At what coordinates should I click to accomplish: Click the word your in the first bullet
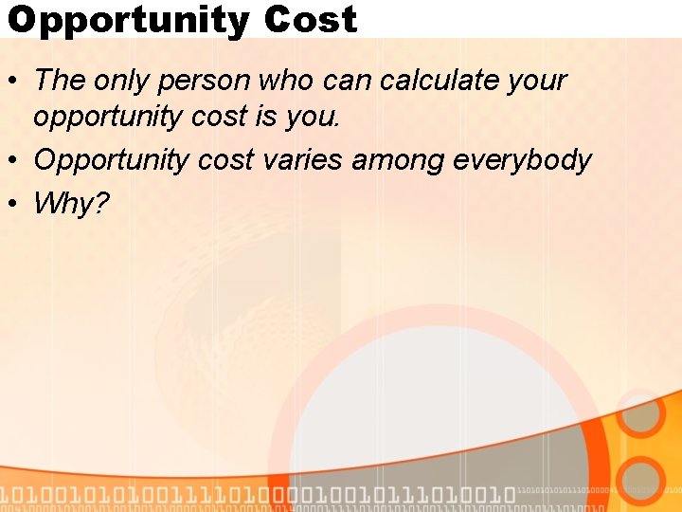536,81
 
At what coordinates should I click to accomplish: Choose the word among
399,159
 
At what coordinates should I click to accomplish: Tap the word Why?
72,202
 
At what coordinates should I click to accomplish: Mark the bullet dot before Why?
13,202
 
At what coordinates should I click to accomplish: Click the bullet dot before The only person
13,81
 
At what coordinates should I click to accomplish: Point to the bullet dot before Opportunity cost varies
13,160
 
